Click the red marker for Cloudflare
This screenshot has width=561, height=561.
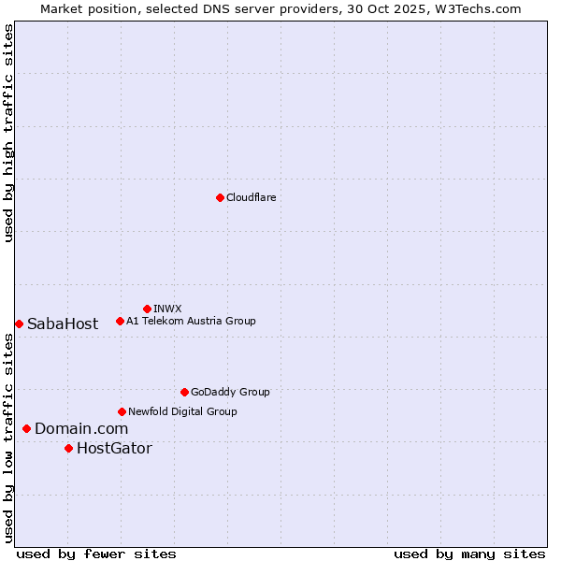pos(220,197)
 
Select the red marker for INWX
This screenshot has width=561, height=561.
pos(147,309)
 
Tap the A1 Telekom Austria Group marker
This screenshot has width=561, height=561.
pos(120,322)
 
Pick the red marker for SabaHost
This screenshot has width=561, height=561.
pos(19,324)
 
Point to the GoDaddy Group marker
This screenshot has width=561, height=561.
pos(184,392)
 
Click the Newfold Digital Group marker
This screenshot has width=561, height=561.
pos(122,411)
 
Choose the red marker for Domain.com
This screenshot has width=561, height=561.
pos(26,428)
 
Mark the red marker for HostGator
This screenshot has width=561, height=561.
pos(68,448)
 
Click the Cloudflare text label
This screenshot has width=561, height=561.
pos(251,197)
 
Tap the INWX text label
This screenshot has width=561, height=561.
pos(167,309)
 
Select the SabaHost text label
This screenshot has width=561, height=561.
pos(63,324)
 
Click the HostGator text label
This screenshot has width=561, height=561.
pos(114,449)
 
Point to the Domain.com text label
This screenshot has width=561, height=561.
pos(81,429)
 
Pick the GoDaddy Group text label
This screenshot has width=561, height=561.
pos(230,392)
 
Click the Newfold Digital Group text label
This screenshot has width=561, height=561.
pos(182,411)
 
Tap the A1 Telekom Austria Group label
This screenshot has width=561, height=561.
pos(191,322)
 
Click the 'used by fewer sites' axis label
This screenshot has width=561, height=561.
pos(96,554)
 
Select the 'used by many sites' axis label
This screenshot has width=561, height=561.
pos(469,554)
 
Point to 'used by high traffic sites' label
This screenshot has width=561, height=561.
pos(9,133)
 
